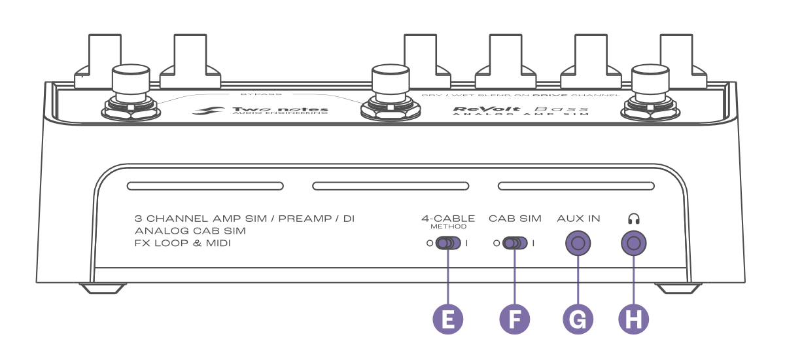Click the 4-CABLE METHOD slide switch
click(447, 244)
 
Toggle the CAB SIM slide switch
click(514, 244)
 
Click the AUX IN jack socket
click(578, 244)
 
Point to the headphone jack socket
click(633, 244)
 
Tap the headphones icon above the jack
click(633, 219)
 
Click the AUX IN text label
click(578, 219)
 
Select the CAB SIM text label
click(515, 219)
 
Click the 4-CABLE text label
click(448, 219)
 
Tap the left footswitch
click(131, 92)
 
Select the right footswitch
click(652, 92)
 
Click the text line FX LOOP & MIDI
click(183, 243)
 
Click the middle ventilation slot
click(391, 187)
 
